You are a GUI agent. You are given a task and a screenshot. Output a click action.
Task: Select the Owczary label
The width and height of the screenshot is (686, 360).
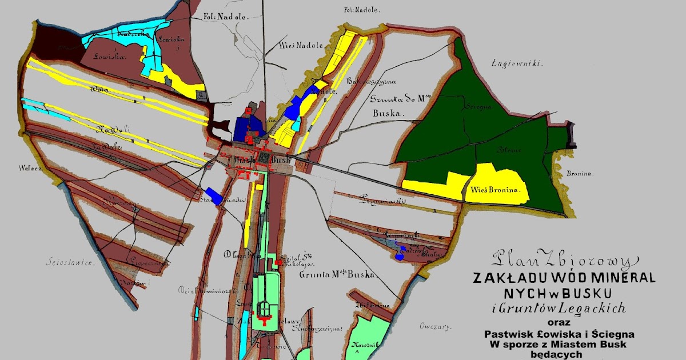(x=436, y=327)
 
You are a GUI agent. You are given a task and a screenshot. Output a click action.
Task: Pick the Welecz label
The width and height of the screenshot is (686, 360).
(x=27, y=168)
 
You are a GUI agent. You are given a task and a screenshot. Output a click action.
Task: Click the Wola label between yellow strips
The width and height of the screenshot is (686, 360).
(x=95, y=90)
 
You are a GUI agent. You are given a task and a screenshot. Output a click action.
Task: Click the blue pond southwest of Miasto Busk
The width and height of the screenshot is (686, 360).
(x=213, y=196)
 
